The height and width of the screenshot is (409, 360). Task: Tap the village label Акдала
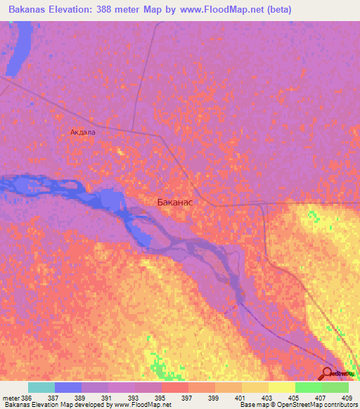[x=82, y=131]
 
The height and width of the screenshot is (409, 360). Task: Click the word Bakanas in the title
[x=25, y=10]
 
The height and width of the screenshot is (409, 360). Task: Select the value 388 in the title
[x=115, y=10]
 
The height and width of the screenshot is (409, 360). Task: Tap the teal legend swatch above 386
[x=41, y=387]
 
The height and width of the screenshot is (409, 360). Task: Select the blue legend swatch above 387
[x=67, y=387]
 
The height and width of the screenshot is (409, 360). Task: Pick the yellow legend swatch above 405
[x=281, y=387]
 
